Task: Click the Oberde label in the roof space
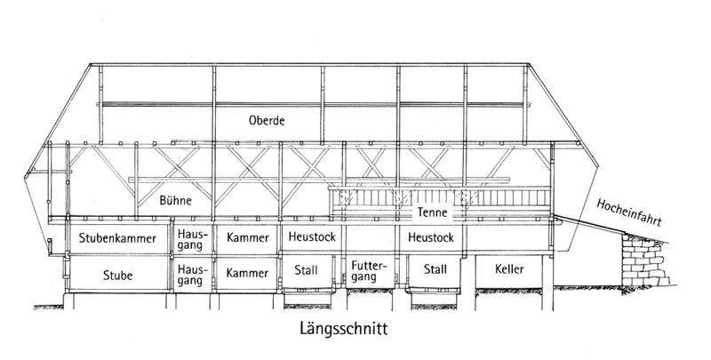click(267, 121)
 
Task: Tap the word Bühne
click(175, 200)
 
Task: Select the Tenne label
click(432, 212)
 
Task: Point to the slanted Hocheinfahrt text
click(629, 212)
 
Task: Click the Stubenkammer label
click(117, 238)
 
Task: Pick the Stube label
click(118, 276)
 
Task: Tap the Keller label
click(509, 269)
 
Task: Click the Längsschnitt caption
click(344, 328)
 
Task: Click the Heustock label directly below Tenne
click(431, 237)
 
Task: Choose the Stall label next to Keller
click(435, 269)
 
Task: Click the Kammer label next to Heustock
click(248, 237)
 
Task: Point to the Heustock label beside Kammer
click(312, 236)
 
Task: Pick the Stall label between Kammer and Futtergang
click(306, 270)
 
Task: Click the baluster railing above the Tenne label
click(440, 197)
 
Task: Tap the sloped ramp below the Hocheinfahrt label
click(589, 224)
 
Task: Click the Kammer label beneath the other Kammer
click(248, 273)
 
